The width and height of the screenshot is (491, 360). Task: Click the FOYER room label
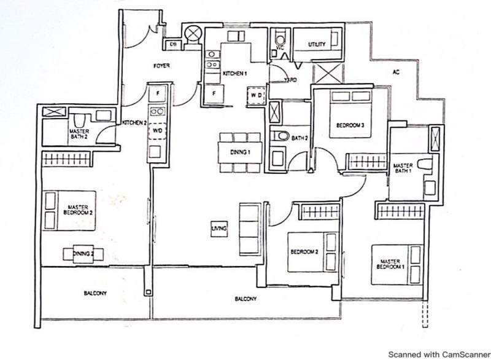pos(161,65)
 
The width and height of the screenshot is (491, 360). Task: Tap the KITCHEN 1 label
pos(234,74)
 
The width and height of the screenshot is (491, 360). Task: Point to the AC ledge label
pos(396,71)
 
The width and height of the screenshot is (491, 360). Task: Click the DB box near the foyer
pos(173,45)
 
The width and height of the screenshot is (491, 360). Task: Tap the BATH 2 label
pos(299,138)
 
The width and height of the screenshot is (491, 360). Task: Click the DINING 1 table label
pos(239,152)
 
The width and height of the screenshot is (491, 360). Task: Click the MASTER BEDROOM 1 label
pos(390,264)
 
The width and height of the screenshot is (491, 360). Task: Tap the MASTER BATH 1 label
pos(403,168)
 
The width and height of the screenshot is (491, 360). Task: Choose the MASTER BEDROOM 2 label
pos(80,209)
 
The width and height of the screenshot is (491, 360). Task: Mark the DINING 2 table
pos(83,254)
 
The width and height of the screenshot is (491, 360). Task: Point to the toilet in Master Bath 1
pos(425,165)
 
